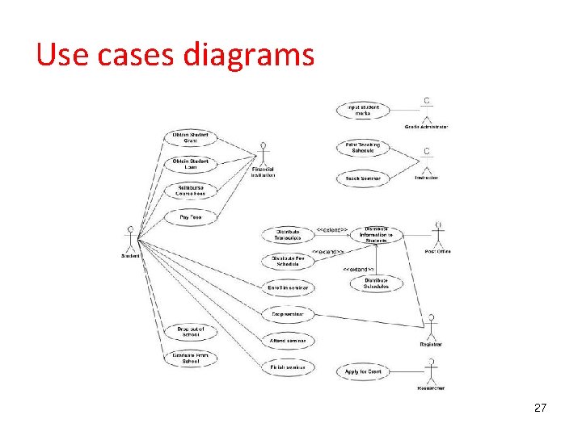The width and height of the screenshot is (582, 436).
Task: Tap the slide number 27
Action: (x=541, y=409)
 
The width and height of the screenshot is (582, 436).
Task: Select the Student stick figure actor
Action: (x=129, y=239)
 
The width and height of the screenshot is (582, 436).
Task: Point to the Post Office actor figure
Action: (x=438, y=235)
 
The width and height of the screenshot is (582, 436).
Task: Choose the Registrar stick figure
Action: (x=431, y=328)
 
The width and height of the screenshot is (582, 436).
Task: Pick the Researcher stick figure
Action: (x=431, y=372)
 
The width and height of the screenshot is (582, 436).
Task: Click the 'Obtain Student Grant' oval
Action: (x=191, y=137)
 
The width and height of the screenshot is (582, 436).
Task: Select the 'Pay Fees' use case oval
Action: (x=191, y=217)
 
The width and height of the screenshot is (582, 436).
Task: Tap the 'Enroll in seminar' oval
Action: (x=288, y=287)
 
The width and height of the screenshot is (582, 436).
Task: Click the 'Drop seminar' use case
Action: (x=288, y=313)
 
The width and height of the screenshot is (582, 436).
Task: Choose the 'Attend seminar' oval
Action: (x=288, y=341)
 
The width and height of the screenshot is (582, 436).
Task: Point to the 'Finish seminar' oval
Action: (x=288, y=368)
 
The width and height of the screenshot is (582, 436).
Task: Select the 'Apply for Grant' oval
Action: (x=364, y=371)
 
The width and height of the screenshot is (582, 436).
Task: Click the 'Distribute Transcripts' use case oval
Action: (x=288, y=235)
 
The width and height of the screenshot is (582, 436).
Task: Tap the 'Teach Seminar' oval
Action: (x=363, y=178)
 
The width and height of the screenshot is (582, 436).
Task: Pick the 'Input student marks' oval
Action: (x=363, y=110)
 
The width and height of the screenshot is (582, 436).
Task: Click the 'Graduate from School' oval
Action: (x=191, y=358)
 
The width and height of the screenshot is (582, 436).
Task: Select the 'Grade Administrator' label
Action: (x=426, y=127)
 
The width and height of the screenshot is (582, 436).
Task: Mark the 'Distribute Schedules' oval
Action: (x=376, y=283)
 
